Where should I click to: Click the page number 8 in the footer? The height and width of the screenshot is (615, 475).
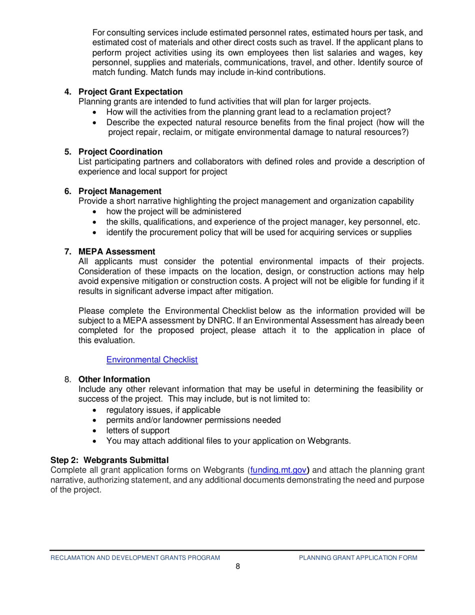tap(237, 566)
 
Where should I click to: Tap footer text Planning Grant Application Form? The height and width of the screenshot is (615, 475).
tap(358, 557)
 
